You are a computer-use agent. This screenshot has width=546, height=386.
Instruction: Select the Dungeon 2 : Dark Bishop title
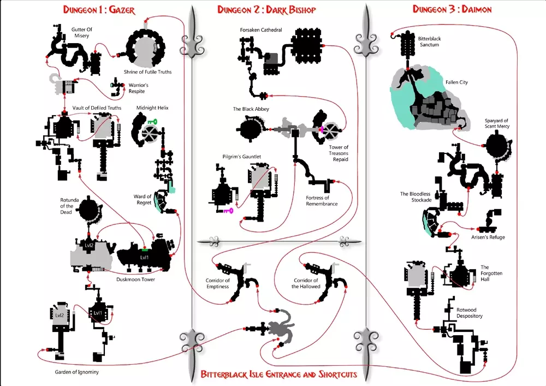point(266,10)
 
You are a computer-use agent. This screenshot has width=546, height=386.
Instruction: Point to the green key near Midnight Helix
point(151,123)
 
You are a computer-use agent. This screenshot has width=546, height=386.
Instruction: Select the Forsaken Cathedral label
point(261,30)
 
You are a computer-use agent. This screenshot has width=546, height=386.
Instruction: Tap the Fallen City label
point(456,82)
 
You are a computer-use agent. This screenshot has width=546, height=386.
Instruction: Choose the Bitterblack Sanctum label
point(428,41)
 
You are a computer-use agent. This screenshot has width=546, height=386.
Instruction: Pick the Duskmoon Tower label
point(136,280)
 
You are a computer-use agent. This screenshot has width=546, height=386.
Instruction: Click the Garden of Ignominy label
point(77,372)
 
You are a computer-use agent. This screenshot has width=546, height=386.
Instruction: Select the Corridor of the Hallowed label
point(306,283)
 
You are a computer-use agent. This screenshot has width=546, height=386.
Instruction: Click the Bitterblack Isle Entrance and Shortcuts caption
point(279,374)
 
